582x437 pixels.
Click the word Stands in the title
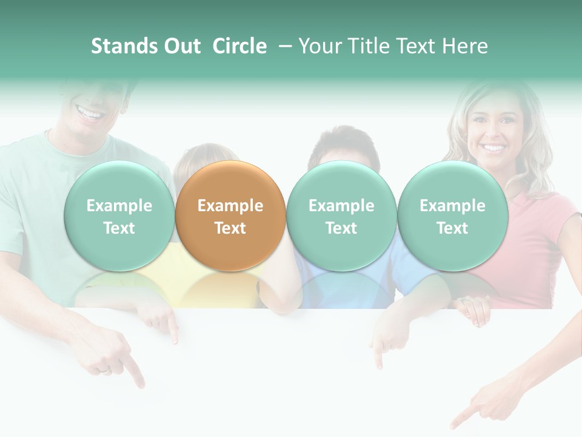(125, 46)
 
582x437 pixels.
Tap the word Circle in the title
(239, 46)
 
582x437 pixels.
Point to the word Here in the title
(465, 46)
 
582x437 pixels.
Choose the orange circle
(230, 215)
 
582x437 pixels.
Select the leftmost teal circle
(119, 215)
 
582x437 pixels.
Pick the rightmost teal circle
(452, 215)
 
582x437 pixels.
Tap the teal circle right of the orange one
(341, 215)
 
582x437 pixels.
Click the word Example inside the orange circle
(230, 206)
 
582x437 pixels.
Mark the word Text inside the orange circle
(230, 228)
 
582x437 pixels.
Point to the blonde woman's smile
(493, 147)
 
